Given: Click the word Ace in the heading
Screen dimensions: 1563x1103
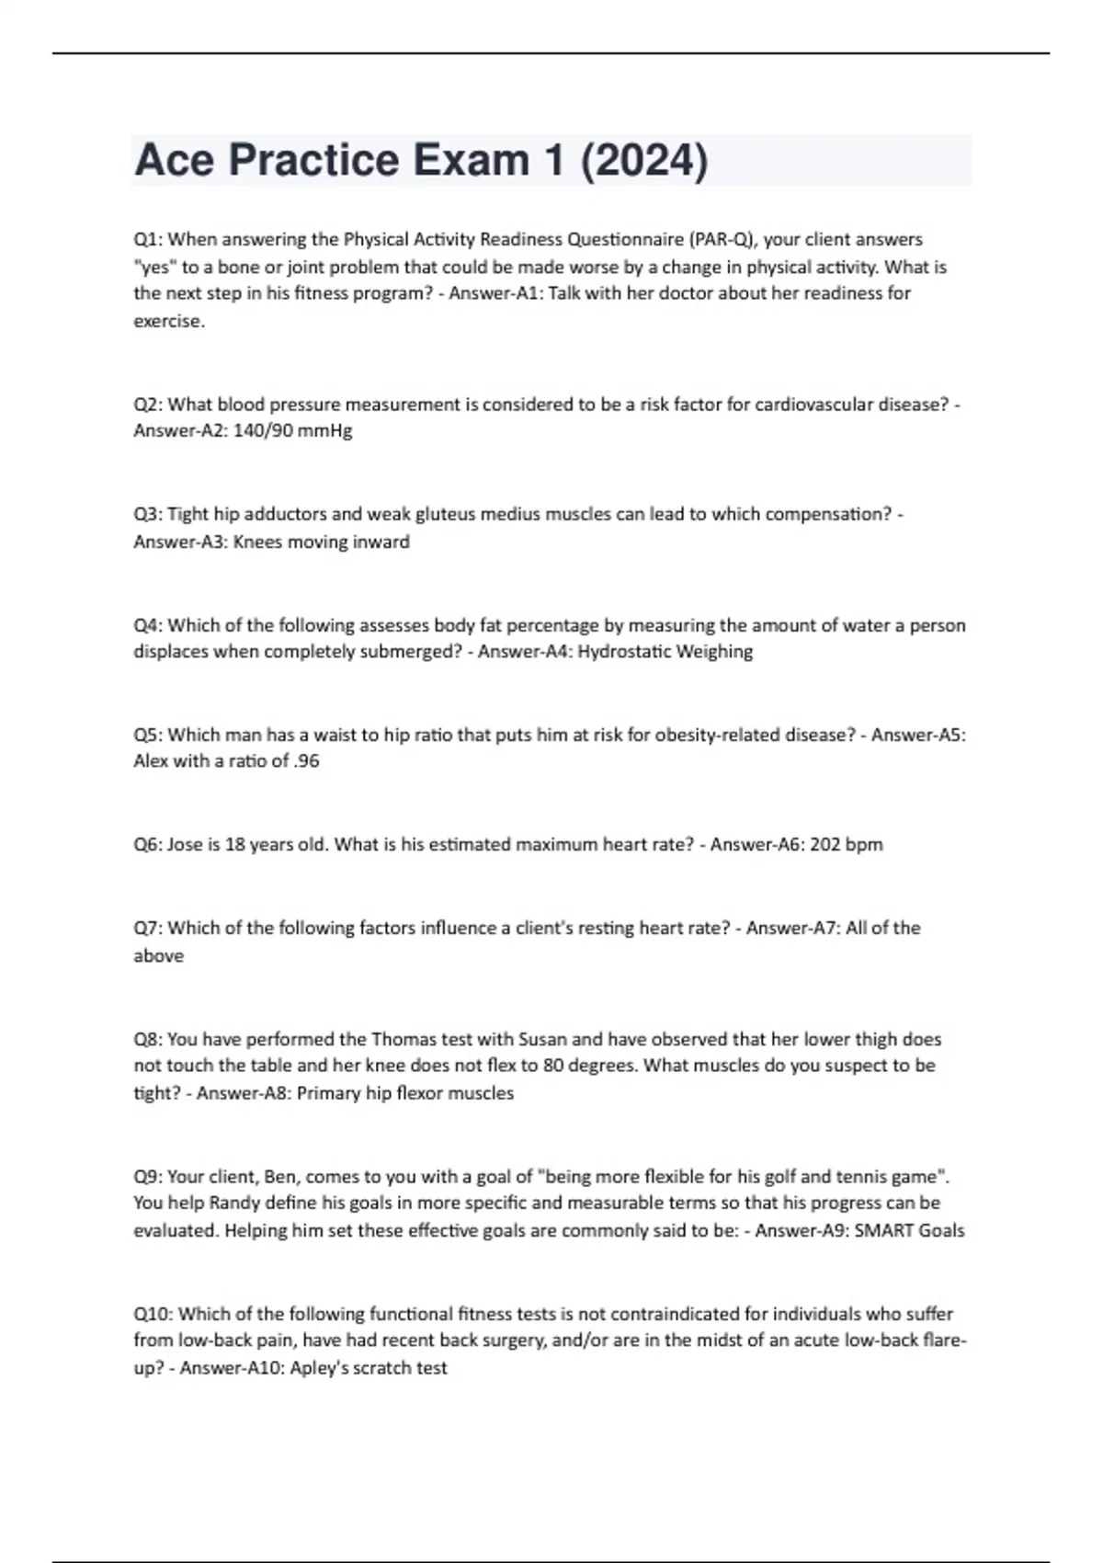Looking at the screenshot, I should [x=175, y=161].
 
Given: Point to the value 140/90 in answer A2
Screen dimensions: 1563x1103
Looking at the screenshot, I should [x=265, y=430].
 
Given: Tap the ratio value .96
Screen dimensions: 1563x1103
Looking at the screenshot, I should [x=307, y=761].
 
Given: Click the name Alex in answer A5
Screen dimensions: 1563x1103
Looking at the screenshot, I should [x=152, y=761].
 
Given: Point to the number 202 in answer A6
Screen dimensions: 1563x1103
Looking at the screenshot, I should [x=825, y=844].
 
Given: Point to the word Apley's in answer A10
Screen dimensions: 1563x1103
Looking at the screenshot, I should [x=322, y=1368].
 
